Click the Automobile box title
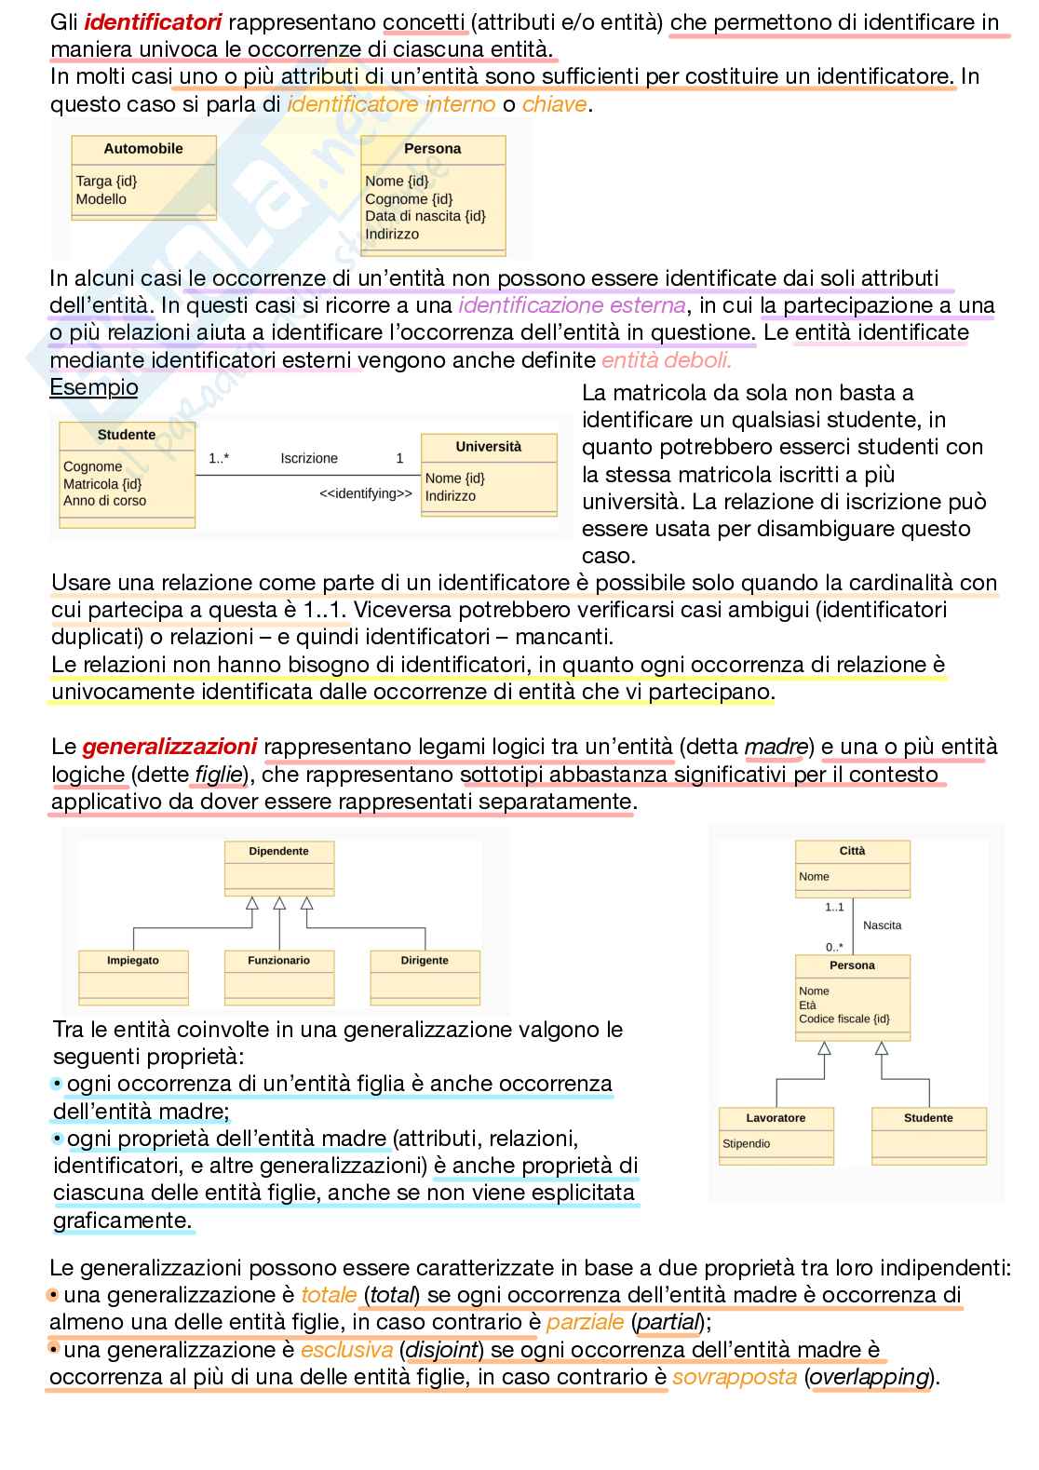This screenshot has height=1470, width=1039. coord(143,149)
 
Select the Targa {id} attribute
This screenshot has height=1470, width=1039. coord(106,182)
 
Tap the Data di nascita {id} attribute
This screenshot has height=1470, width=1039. coord(425,216)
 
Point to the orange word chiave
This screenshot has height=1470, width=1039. coord(554,104)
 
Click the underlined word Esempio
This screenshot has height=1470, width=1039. coord(93,387)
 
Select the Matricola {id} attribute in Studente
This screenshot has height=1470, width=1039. coord(102,484)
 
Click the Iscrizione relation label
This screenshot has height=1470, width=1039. coord(309,458)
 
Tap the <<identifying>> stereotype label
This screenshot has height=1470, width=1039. coord(365,493)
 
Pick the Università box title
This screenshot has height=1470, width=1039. coord(489,447)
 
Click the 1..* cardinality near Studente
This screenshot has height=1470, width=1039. coord(219,458)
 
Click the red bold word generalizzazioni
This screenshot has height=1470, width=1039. coord(169,747)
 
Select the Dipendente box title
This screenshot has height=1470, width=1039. coord(278,851)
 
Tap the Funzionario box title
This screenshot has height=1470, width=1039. coord(278,960)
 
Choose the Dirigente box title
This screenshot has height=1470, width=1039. coord(425,960)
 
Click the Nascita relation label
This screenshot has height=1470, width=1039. coord(882,925)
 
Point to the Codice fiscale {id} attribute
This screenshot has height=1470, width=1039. coord(843,1018)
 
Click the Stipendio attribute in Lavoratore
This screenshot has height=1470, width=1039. coord(746,1143)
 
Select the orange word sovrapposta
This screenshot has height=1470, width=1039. coord(735,1377)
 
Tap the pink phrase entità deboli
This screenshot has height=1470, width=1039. coord(666,360)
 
